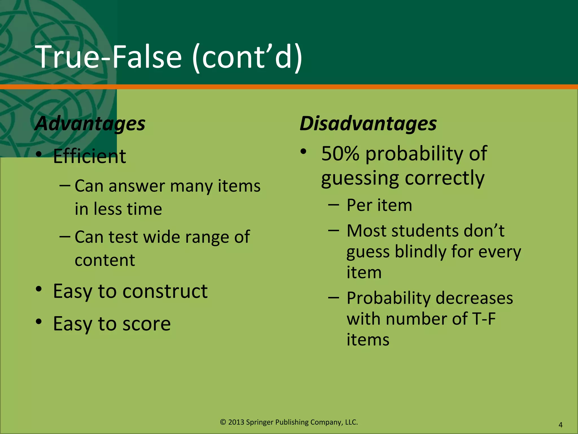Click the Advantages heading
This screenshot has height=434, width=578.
pos(90,123)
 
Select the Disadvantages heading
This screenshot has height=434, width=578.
pos(368,123)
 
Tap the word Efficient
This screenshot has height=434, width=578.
pos(89,156)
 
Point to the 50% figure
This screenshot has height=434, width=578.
pos(340,153)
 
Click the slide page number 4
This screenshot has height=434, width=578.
pos(561,425)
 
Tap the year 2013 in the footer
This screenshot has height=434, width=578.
pos(236,422)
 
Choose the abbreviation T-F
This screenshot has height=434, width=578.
pos(483,319)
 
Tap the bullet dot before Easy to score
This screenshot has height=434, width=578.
pos(39,322)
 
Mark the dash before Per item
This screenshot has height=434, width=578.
pos(334,205)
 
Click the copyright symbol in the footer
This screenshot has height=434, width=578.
pos(223,422)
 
